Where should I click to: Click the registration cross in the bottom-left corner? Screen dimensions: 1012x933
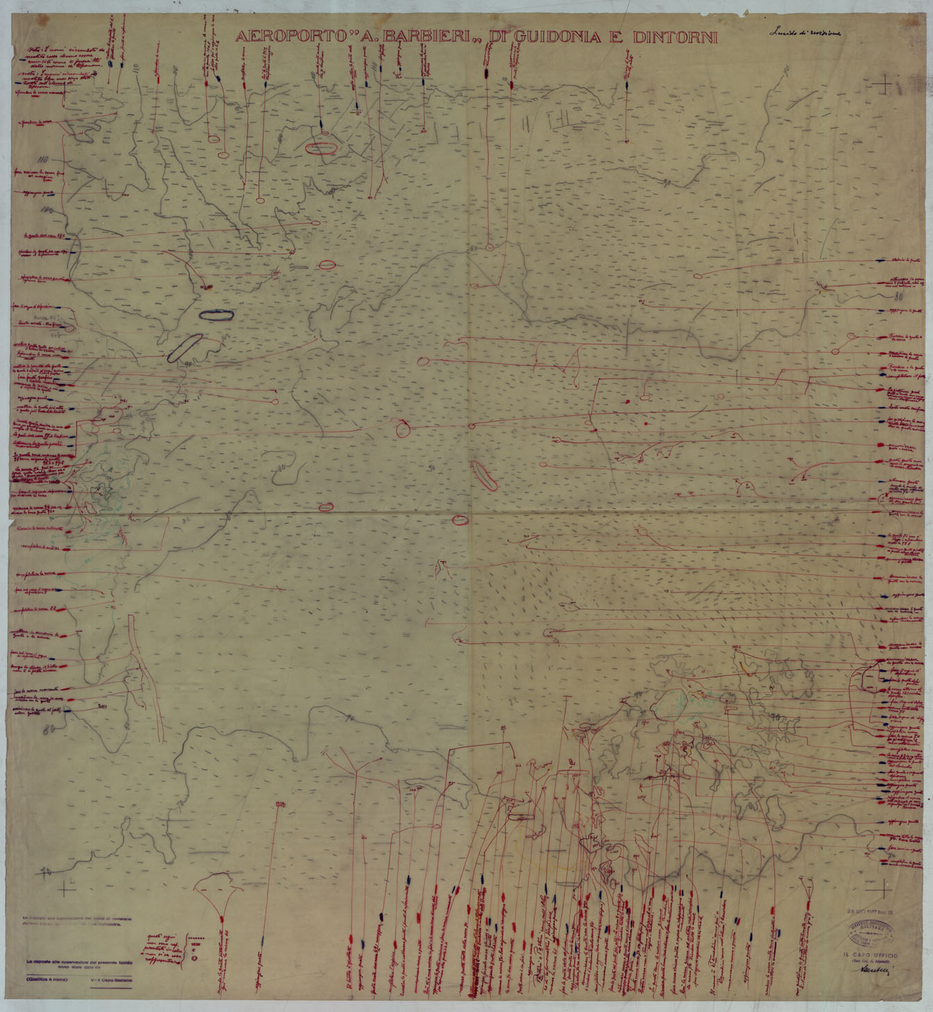67,888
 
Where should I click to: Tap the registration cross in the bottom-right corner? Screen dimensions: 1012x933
884,887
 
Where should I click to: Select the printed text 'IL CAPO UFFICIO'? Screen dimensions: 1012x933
868,956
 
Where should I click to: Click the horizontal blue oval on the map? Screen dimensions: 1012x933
216,315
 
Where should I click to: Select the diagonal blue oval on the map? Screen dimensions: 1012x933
185,347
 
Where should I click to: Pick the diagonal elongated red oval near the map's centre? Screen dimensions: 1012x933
482,476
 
